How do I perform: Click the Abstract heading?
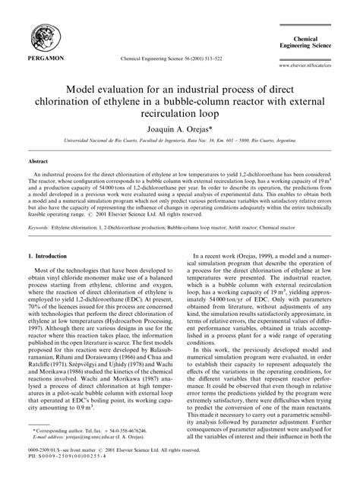tap(39, 162)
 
